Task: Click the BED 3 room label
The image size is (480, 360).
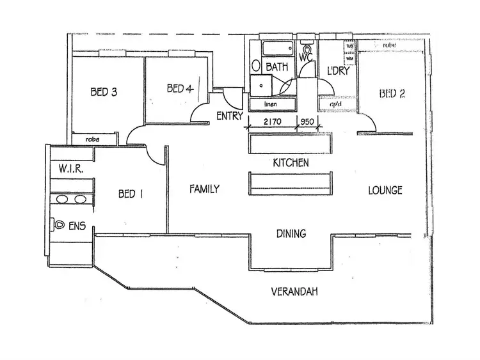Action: (104, 92)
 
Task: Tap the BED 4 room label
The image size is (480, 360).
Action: (180, 89)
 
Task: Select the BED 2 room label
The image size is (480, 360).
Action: (392, 94)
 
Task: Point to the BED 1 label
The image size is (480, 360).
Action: (131, 194)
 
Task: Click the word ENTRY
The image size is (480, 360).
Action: (229, 116)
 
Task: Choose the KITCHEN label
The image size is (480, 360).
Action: (291, 163)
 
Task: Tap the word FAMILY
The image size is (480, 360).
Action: (205, 189)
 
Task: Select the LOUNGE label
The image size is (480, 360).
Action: (385, 190)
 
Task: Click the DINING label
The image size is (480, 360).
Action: (291, 233)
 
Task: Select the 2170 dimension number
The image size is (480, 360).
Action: (271, 122)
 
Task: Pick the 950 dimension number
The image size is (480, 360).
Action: (308, 122)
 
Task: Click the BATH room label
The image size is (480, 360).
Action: (276, 67)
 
